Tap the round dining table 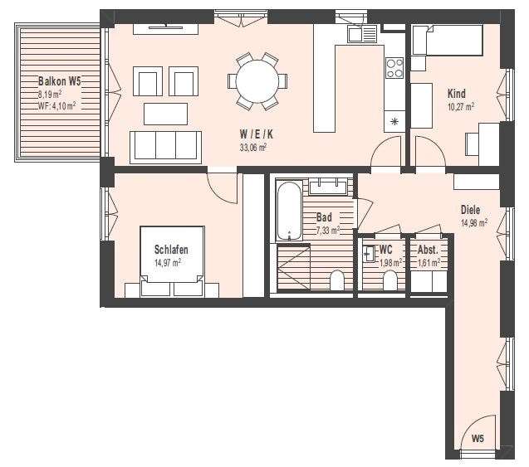[257, 81]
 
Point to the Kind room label [457, 95]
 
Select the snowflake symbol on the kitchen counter [394, 123]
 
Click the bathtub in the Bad [287, 212]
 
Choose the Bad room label [324, 218]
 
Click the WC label [385, 250]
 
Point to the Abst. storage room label [428, 250]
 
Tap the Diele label [471, 210]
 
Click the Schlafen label [171, 250]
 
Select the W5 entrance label [478, 439]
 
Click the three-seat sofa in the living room [166, 146]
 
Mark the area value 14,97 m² [168, 262]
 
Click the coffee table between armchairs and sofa [166, 113]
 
